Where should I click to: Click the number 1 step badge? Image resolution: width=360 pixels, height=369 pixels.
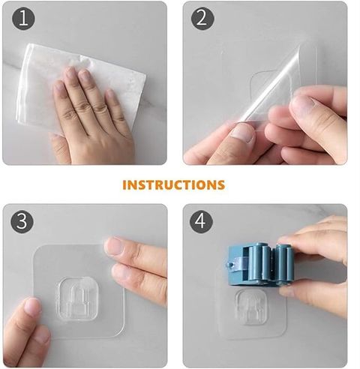[23, 19]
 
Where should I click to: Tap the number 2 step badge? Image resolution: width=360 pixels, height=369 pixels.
[202, 19]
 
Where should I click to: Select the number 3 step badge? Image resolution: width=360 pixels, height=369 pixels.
[22, 222]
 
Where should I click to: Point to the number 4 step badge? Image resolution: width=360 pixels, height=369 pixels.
[201, 222]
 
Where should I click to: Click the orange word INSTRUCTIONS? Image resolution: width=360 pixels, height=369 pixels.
[174, 184]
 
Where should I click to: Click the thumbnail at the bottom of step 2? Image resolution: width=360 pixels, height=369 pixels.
[241, 133]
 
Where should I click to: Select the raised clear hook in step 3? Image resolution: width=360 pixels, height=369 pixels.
[77, 298]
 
